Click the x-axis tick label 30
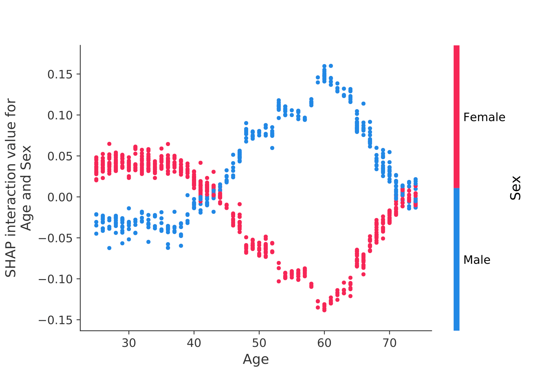click(129, 343)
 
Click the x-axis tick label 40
click(194, 343)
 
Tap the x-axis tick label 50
click(259, 343)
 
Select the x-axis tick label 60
click(324, 343)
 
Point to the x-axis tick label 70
click(389, 343)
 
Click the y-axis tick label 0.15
click(60, 74)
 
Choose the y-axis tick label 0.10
click(60, 115)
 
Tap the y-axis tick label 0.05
click(60, 156)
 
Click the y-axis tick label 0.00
click(60, 197)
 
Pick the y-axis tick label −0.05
click(56, 238)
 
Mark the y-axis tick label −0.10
click(56, 279)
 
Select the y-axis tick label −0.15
click(56, 320)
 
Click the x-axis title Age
click(256, 360)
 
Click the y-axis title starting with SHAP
click(18, 188)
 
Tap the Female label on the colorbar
click(484, 117)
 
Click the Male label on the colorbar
click(477, 260)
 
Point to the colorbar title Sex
click(515, 188)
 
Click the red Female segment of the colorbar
click(456, 117)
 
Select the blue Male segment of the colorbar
click(456, 259)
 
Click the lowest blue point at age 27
click(109, 248)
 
